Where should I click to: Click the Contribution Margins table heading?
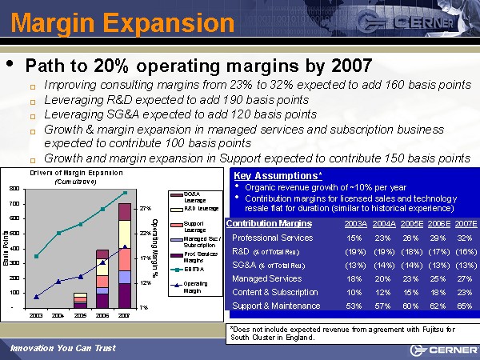click(269, 223)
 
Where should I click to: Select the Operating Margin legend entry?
click(196, 287)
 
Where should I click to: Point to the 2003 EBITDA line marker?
click(36, 256)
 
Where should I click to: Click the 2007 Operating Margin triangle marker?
click(125, 247)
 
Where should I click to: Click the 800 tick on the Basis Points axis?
click(15, 188)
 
